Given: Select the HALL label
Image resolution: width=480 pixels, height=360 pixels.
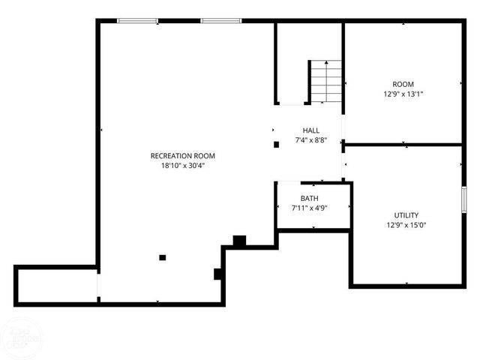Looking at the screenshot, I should pos(311,130).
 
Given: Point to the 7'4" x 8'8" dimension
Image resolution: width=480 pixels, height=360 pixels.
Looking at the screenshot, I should pos(311,140).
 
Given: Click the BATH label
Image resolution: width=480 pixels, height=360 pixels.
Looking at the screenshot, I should pos(310,199).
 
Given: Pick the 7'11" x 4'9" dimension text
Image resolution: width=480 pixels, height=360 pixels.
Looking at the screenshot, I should pos(310,208).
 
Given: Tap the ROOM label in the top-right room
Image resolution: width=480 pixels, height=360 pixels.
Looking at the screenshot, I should pos(403,84).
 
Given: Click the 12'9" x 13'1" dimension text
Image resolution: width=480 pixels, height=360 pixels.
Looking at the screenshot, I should pos(403,94).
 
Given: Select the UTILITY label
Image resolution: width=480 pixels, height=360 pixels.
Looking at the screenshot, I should pos(406,214).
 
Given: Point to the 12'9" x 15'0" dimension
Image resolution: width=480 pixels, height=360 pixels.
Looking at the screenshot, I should pos(406,225).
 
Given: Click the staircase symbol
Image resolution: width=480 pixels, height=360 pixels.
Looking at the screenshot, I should pos(325,82).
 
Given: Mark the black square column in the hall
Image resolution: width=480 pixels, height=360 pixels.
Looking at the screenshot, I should pos(276,144).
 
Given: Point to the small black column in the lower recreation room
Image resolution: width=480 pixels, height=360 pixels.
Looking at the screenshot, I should pos(162,258).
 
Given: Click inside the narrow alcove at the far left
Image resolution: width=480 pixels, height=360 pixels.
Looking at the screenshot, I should pos(56,285).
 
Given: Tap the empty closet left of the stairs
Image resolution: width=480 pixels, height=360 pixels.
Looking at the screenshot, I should pos(291,64).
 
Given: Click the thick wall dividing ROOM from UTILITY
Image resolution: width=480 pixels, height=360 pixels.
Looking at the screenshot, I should pos(403,144).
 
